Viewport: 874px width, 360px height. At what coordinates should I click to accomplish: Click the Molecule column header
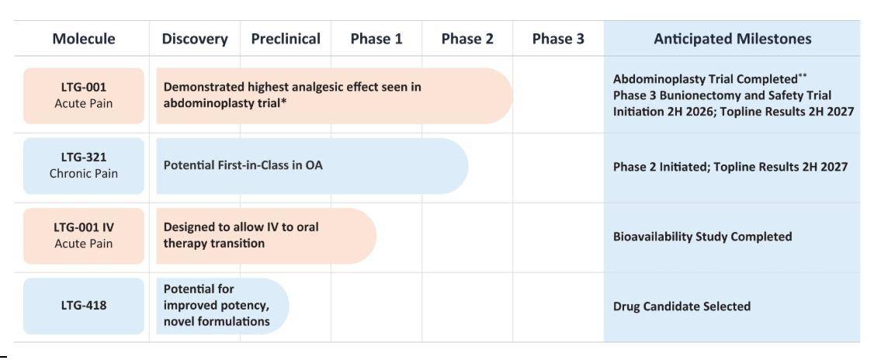point(84,39)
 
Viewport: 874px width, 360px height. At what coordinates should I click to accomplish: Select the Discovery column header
point(195,39)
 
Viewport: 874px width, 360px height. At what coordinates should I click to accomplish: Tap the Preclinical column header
point(286,39)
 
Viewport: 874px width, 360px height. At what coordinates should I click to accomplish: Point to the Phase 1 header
point(376,39)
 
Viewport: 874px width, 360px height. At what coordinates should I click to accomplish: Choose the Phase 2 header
point(467,39)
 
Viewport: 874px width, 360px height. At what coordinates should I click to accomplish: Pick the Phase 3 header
point(558,39)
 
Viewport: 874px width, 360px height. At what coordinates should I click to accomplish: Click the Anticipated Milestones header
point(733,39)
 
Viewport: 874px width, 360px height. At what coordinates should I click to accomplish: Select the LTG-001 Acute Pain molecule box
point(84,96)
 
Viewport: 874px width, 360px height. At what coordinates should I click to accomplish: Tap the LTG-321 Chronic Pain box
point(84,166)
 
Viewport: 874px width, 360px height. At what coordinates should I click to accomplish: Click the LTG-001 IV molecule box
point(84,236)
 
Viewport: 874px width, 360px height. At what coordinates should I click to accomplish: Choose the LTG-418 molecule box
point(84,306)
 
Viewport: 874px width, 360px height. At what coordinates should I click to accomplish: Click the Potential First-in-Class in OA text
point(243,165)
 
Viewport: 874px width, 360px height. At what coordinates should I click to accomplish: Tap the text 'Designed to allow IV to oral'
point(241,227)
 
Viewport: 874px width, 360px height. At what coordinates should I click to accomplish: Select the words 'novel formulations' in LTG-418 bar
point(217,321)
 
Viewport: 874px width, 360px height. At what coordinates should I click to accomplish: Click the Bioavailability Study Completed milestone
point(702,237)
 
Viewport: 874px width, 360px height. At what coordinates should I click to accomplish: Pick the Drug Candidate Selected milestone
point(682,306)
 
